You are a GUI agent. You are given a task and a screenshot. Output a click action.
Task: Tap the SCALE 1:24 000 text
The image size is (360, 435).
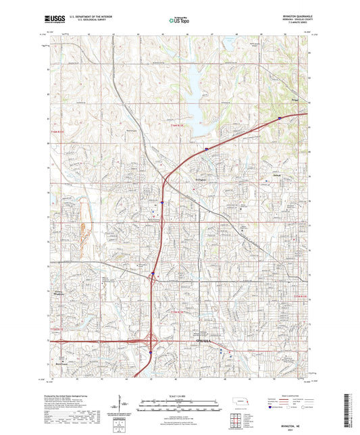(x=180, y=395)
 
